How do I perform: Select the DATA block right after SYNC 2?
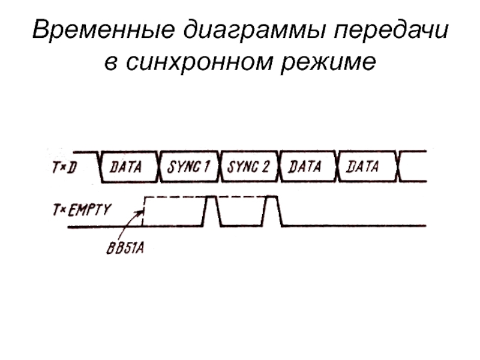[306, 166]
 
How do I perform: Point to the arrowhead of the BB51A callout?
[143, 210]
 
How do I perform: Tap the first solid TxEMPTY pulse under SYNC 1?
[211, 210]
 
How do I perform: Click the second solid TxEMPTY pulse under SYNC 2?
[272, 210]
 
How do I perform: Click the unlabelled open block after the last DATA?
[414, 166]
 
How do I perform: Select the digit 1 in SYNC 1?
[206, 166]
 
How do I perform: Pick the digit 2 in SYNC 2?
[266, 166]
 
